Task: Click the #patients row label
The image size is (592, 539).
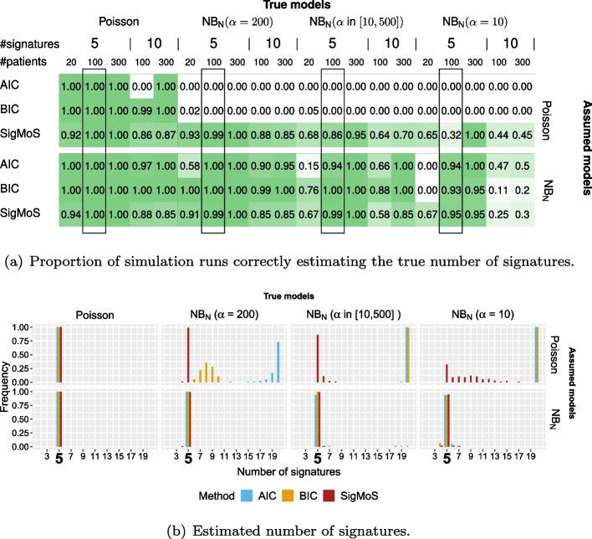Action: pos(27,62)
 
